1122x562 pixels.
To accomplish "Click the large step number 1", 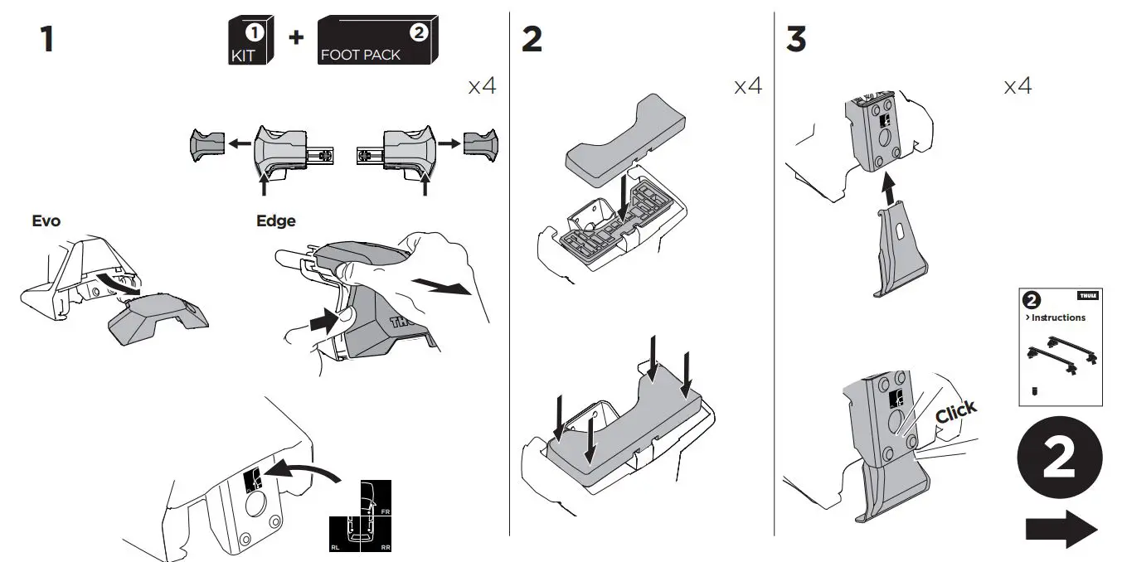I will point(46,39).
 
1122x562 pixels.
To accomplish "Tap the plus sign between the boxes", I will point(295,38).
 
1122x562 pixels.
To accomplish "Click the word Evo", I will point(46,221).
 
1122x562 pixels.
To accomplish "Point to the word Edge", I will point(275,221).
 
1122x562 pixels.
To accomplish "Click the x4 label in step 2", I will point(747,85).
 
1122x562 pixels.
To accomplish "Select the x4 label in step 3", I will point(1018,85).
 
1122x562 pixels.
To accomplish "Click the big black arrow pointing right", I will point(1061,528).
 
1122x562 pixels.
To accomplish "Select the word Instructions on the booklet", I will point(1057,317).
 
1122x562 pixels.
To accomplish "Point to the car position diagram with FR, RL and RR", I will point(361,516).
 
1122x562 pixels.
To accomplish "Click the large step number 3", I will point(796,39).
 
